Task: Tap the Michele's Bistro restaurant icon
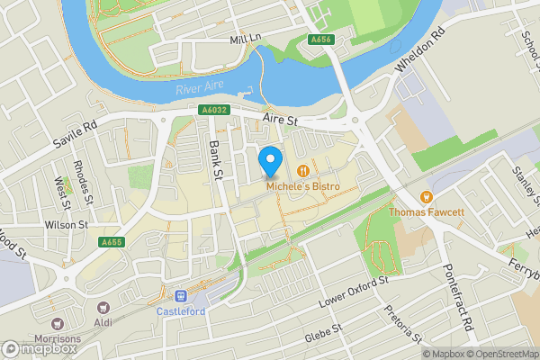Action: point(303,169)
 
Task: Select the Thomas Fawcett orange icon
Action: point(427,197)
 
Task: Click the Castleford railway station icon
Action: point(181,296)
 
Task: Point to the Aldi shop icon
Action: point(102,308)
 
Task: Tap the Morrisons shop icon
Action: point(58,324)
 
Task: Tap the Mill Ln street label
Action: point(244,40)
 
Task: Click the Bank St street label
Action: point(215,160)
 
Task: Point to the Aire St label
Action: point(280,119)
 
